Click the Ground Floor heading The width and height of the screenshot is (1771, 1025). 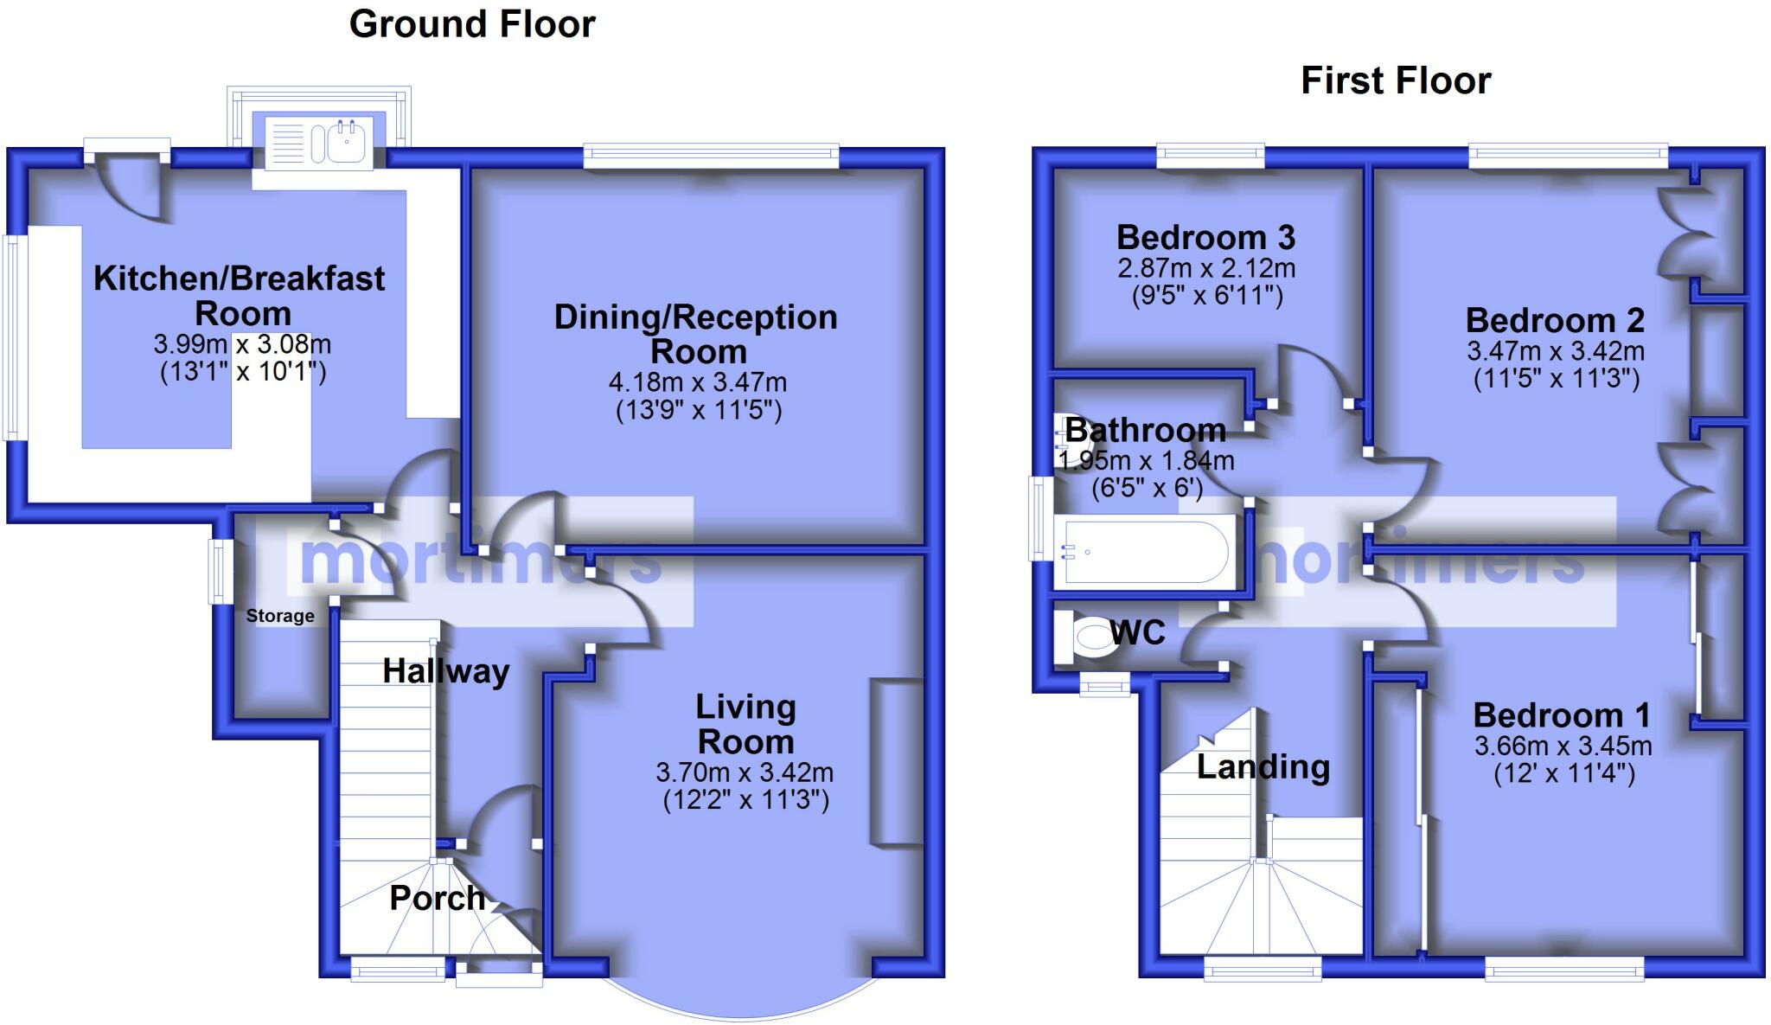[x=472, y=24]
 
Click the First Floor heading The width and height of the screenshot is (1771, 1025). [x=1396, y=81]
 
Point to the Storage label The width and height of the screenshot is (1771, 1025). [x=280, y=616]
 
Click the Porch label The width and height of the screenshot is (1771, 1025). [x=437, y=898]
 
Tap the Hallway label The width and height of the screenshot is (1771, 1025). [x=446, y=671]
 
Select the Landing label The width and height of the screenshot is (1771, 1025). [x=1263, y=767]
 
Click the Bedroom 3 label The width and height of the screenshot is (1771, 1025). [x=1205, y=237]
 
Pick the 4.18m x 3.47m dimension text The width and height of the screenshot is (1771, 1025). [x=698, y=381]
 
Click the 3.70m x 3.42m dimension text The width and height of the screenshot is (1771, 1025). [x=745, y=772]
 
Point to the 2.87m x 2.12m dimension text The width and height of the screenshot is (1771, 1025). [x=1206, y=268]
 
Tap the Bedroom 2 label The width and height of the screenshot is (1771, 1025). [x=1555, y=321]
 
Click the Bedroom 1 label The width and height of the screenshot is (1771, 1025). [x=1562, y=715]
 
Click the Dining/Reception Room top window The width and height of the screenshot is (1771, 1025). [x=711, y=157]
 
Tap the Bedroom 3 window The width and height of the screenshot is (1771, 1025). [x=1210, y=157]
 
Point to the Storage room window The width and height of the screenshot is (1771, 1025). [x=220, y=572]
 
